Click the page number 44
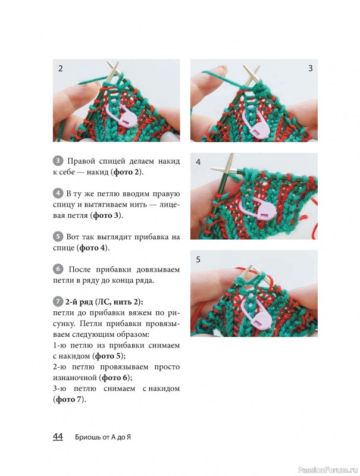click(x=58, y=437)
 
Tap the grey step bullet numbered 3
click(x=58, y=161)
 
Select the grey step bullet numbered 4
click(x=58, y=193)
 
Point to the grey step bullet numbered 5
click(x=58, y=236)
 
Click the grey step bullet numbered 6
click(x=58, y=270)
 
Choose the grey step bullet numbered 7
click(x=58, y=302)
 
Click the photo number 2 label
click(x=61, y=68)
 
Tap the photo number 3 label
click(x=310, y=68)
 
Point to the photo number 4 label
click(x=198, y=162)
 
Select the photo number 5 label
click(x=198, y=259)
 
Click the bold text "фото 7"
click(x=69, y=399)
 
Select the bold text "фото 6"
click(x=115, y=378)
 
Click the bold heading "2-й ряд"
click(x=79, y=302)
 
